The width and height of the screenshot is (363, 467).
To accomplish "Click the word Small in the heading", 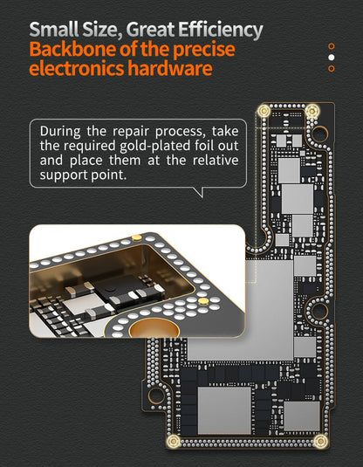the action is coord(54,29).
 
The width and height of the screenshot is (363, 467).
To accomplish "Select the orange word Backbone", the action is coord(72,50).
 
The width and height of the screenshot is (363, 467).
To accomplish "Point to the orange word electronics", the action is coord(77,68).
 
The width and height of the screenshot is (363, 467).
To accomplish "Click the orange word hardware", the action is coord(170,68).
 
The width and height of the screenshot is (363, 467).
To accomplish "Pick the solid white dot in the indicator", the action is coord(331,58).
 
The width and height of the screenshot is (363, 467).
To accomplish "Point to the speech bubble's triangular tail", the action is coord(200,192).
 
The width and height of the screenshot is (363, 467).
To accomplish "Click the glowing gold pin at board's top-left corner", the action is coord(264,111).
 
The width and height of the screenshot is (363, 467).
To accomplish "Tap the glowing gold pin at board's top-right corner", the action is coord(312,111).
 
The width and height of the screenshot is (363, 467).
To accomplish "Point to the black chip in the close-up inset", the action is coord(125,289).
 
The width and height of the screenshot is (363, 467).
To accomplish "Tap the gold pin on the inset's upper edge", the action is coord(137,237).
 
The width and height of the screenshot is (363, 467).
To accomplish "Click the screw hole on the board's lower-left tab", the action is coord(156,395).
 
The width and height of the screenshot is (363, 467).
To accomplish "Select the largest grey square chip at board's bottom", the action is coord(224,410).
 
